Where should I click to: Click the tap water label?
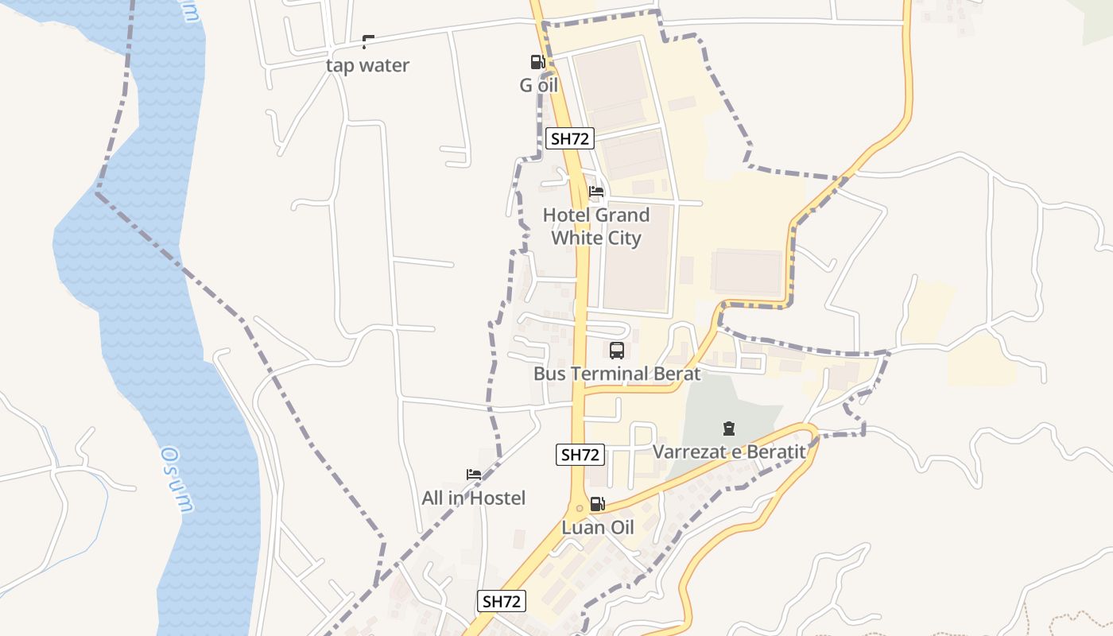click(x=367, y=65)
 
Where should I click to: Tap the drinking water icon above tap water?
click(x=367, y=41)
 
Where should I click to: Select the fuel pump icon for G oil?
click(x=537, y=62)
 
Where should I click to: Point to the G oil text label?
click(x=539, y=85)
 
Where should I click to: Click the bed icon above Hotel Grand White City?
click(x=596, y=192)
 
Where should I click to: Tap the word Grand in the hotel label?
click(x=622, y=215)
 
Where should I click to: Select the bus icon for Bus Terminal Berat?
click(x=617, y=351)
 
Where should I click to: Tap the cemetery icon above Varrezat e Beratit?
click(x=729, y=429)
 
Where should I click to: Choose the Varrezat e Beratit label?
click(x=729, y=452)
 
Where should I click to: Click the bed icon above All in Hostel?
click(x=474, y=475)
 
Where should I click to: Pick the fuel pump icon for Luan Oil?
click(x=598, y=504)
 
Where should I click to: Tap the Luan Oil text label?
click(x=598, y=527)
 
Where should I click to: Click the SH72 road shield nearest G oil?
click(x=571, y=138)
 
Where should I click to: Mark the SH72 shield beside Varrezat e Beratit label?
click(x=580, y=455)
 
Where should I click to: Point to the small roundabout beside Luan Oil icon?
click(x=580, y=508)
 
